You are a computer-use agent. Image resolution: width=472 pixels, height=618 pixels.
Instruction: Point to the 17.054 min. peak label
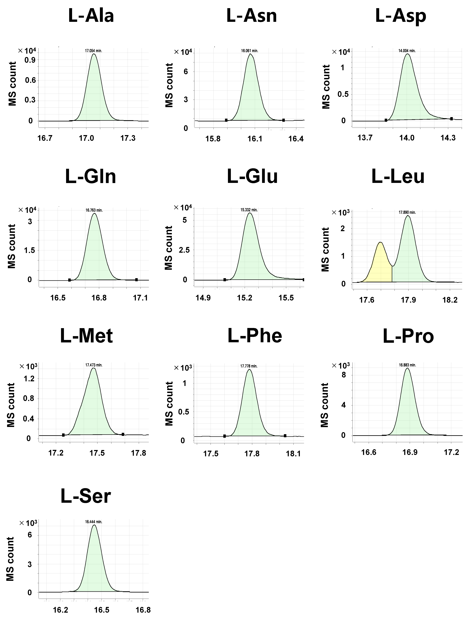point(94,51)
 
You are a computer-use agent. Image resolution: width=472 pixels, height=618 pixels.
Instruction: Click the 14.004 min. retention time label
point(407,51)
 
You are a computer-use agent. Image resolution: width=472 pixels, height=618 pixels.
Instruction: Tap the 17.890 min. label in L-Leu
point(407,212)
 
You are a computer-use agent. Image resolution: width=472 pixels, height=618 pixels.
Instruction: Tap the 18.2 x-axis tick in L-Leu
point(450,300)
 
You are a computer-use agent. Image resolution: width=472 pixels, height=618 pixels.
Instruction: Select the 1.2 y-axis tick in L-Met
point(30,378)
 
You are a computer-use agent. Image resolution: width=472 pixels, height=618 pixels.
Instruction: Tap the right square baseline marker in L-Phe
point(285,436)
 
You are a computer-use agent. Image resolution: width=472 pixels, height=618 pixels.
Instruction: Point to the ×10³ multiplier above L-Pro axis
point(341,366)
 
